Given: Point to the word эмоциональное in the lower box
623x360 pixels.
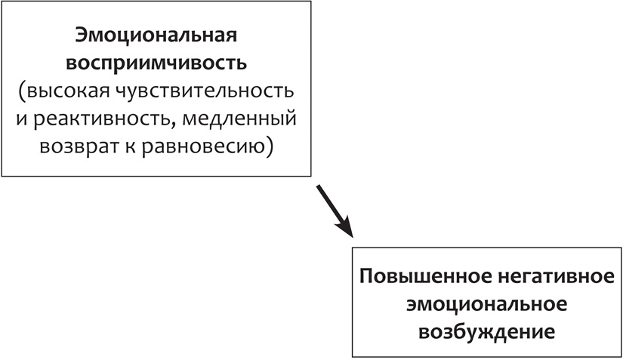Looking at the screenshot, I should [x=486, y=303].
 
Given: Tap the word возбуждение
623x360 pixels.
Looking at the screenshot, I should [x=486, y=330].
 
